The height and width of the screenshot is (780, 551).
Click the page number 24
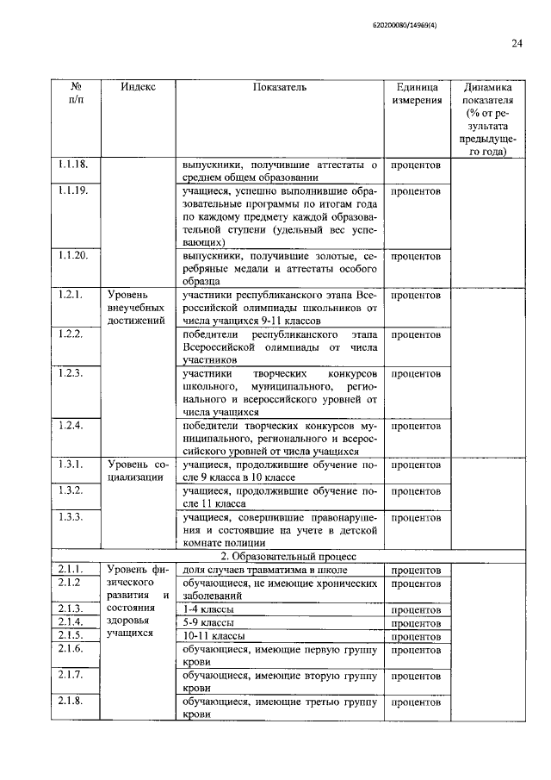pyautogui.click(x=517, y=45)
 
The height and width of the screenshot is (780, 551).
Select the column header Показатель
pyautogui.click(x=280, y=87)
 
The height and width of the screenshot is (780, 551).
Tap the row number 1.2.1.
pyautogui.click(x=70, y=295)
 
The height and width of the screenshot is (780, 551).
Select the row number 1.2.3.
pyautogui.click(x=70, y=373)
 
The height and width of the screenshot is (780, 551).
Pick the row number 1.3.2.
pyautogui.click(x=70, y=490)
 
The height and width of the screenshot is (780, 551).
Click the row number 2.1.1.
pyautogui.click(x=70, y=570)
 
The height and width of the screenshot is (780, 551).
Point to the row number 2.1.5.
pyautogui.click(x=70, y=635)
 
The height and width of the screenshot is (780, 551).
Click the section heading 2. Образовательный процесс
pyautogui.click(x=280, y=556)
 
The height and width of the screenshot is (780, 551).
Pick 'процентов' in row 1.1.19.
pyautogui.click(x=416, y=190)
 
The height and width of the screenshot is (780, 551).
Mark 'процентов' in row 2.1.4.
pyautogui.click(x=416, y=622)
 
